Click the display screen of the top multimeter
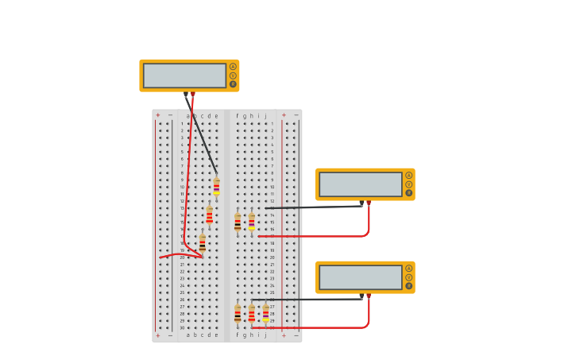coord(184,75)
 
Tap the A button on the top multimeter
coord(233,67)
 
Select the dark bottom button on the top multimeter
coord(233,84)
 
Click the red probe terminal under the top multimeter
coord(192,94)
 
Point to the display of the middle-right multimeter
coord(360,184)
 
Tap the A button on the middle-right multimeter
coord(408,176)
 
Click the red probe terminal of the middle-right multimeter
coord(368,203)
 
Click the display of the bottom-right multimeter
coord(360,277)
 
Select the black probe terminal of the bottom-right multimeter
coord(361,296)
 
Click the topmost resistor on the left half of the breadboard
coord(216,187)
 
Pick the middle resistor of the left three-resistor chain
coord(209,215)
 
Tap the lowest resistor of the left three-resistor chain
coord(202,243)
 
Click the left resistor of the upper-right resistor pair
coord(238,223)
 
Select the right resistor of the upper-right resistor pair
coord(252,222)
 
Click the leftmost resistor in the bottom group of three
coord(238,314)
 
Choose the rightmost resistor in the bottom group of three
coord(265,313)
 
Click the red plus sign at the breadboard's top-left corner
coord(157,115)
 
